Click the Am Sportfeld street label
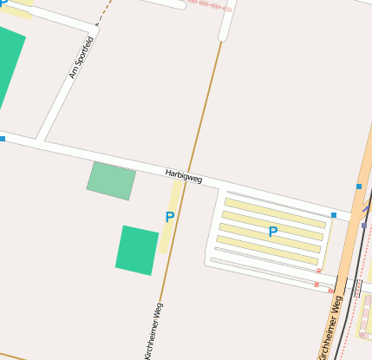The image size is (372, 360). point(81,58)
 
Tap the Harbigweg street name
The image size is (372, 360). point(183,177)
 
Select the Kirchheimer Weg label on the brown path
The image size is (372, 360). point(153,330)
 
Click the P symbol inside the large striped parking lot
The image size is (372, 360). point(272,232)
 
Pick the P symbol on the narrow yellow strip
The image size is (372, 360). point(169,217)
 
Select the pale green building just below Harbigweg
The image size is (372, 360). point(111,180)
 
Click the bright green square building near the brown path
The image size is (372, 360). point(137,250)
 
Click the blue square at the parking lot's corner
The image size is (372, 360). point(334,215)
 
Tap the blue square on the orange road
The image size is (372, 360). point(358,187)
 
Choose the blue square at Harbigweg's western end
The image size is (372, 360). point(3,138)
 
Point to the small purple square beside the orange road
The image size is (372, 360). point(364,225)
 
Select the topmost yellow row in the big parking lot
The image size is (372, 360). point(275,212)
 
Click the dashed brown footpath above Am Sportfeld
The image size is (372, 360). point(104,12)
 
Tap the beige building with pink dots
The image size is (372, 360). point(367,317)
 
